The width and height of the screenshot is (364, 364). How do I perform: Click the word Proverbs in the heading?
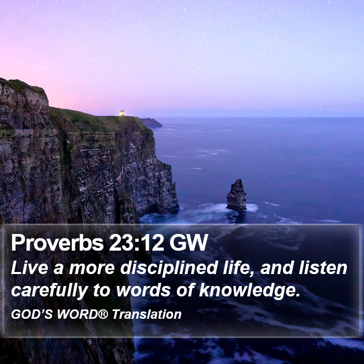tap(57, 243)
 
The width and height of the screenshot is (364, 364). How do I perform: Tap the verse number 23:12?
tap(137, 242)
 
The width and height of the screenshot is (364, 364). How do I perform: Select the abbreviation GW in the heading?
tap(189, 242)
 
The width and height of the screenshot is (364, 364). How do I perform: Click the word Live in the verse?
tap(30, 268)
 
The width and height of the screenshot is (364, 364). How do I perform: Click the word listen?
tap(323, 267)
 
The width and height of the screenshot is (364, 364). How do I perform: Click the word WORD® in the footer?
tap(83, 314)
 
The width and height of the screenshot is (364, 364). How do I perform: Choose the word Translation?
tap(147, 314)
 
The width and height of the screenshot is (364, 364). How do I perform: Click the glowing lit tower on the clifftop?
tap(122, 113)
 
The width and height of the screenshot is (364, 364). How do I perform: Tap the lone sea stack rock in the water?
tap(237, 195)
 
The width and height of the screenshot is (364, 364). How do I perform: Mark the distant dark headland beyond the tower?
tap(151, 123)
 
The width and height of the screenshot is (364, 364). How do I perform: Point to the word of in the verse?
tap(185, 290)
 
